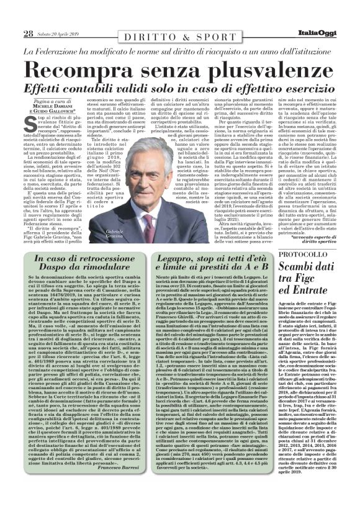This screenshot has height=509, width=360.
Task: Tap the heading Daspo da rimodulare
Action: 88,268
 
